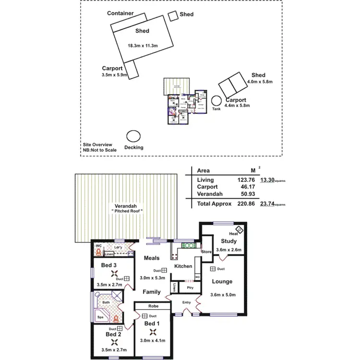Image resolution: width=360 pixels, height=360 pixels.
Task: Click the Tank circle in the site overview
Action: pyautogui.click(x=217, y=101)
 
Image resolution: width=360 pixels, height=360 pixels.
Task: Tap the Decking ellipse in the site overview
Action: pyautogui.click(x=132, y=137)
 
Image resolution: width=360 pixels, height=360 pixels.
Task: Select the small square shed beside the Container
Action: pyautogui.click(x=173, y=16)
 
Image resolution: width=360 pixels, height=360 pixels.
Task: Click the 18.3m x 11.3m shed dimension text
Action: pyautogui.click(x=143, y=46)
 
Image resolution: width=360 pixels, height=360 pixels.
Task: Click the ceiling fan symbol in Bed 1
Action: pyautogui.click(x=152, y=332)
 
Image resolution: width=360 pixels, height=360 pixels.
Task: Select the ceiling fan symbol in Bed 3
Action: pyautogui.click(x=115, y=275)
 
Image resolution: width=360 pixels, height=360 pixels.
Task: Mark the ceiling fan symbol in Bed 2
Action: pyautogui.click(x=114, y=342)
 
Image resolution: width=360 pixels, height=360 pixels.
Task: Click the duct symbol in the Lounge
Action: pyautogui.click(x=212, y=269)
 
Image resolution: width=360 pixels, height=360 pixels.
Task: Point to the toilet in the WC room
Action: pyautogui.click(x=99, y=250)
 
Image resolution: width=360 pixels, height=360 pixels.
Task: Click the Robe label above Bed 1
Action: pyautogui.click(x=153, y=305)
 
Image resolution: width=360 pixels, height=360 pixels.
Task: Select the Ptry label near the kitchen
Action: pyautogui.click(x=190, y=288)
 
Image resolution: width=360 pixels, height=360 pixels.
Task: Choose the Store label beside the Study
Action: pyautogui.click(x=206, y=251)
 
